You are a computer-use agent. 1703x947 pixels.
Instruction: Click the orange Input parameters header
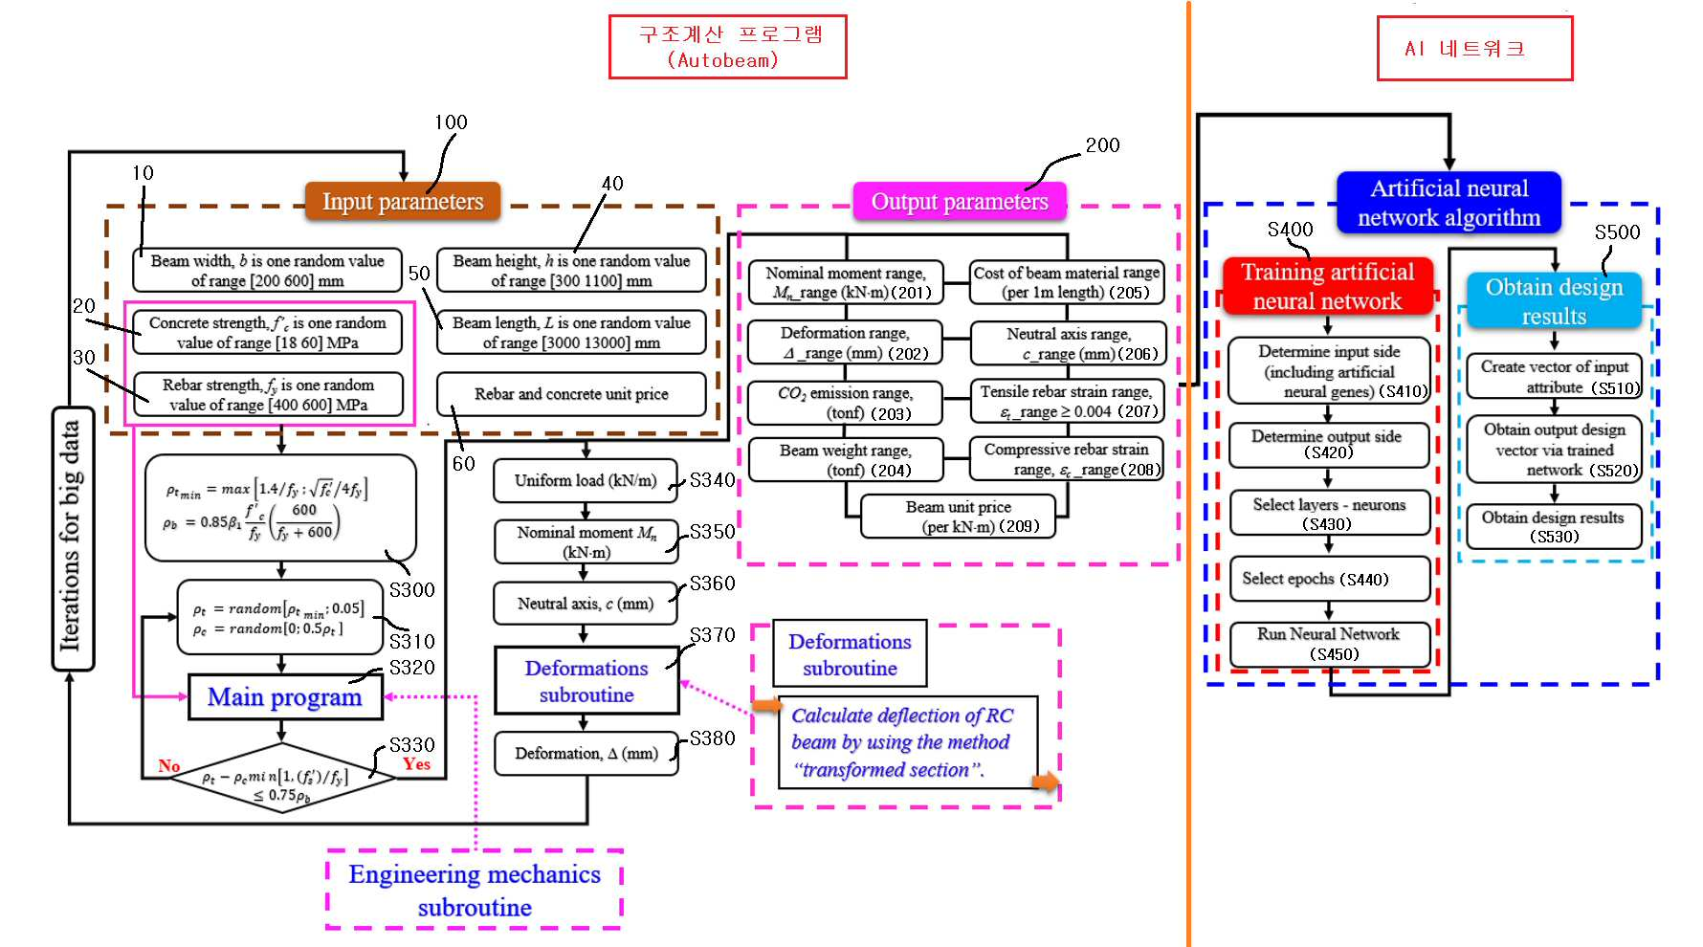[x=403, y=201]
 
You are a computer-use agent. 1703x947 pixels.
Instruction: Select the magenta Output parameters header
[x=960, y=202]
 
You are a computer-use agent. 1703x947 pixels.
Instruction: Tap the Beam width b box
[x=267, y=270]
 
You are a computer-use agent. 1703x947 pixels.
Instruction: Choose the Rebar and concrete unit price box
[x=571, y=394]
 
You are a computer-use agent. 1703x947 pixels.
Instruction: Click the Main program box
[x=285, y=696]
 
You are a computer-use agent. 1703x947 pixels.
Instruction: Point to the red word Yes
[x=417, y=763]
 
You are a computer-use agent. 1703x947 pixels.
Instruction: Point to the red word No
[x=169, y=765]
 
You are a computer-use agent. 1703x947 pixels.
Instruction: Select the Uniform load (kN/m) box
[x=586, y=480]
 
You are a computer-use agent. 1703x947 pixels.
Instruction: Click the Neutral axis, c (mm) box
[x=586, y=604]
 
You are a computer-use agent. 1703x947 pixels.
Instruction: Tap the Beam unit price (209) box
[x=959, y=517]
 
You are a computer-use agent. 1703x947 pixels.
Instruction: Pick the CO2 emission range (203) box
[x=846, y=403]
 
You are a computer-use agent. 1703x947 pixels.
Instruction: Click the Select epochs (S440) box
[x=1330, y=579]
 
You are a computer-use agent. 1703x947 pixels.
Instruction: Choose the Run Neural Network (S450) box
[x=1330, y=644]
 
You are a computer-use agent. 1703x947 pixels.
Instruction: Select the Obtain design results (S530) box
[x=1554, y=526]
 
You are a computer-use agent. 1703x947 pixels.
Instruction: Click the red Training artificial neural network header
[x=1328, y=286]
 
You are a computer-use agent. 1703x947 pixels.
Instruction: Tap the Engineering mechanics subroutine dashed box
[x=475, y=890]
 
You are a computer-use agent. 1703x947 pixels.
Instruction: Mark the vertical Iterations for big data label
[x=72, y=538]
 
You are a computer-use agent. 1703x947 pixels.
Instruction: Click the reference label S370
[x=713, y=635]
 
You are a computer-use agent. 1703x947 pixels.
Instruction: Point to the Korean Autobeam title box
[x=728, y=47]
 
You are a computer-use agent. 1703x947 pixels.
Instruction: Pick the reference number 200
[x=1102, y=145]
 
